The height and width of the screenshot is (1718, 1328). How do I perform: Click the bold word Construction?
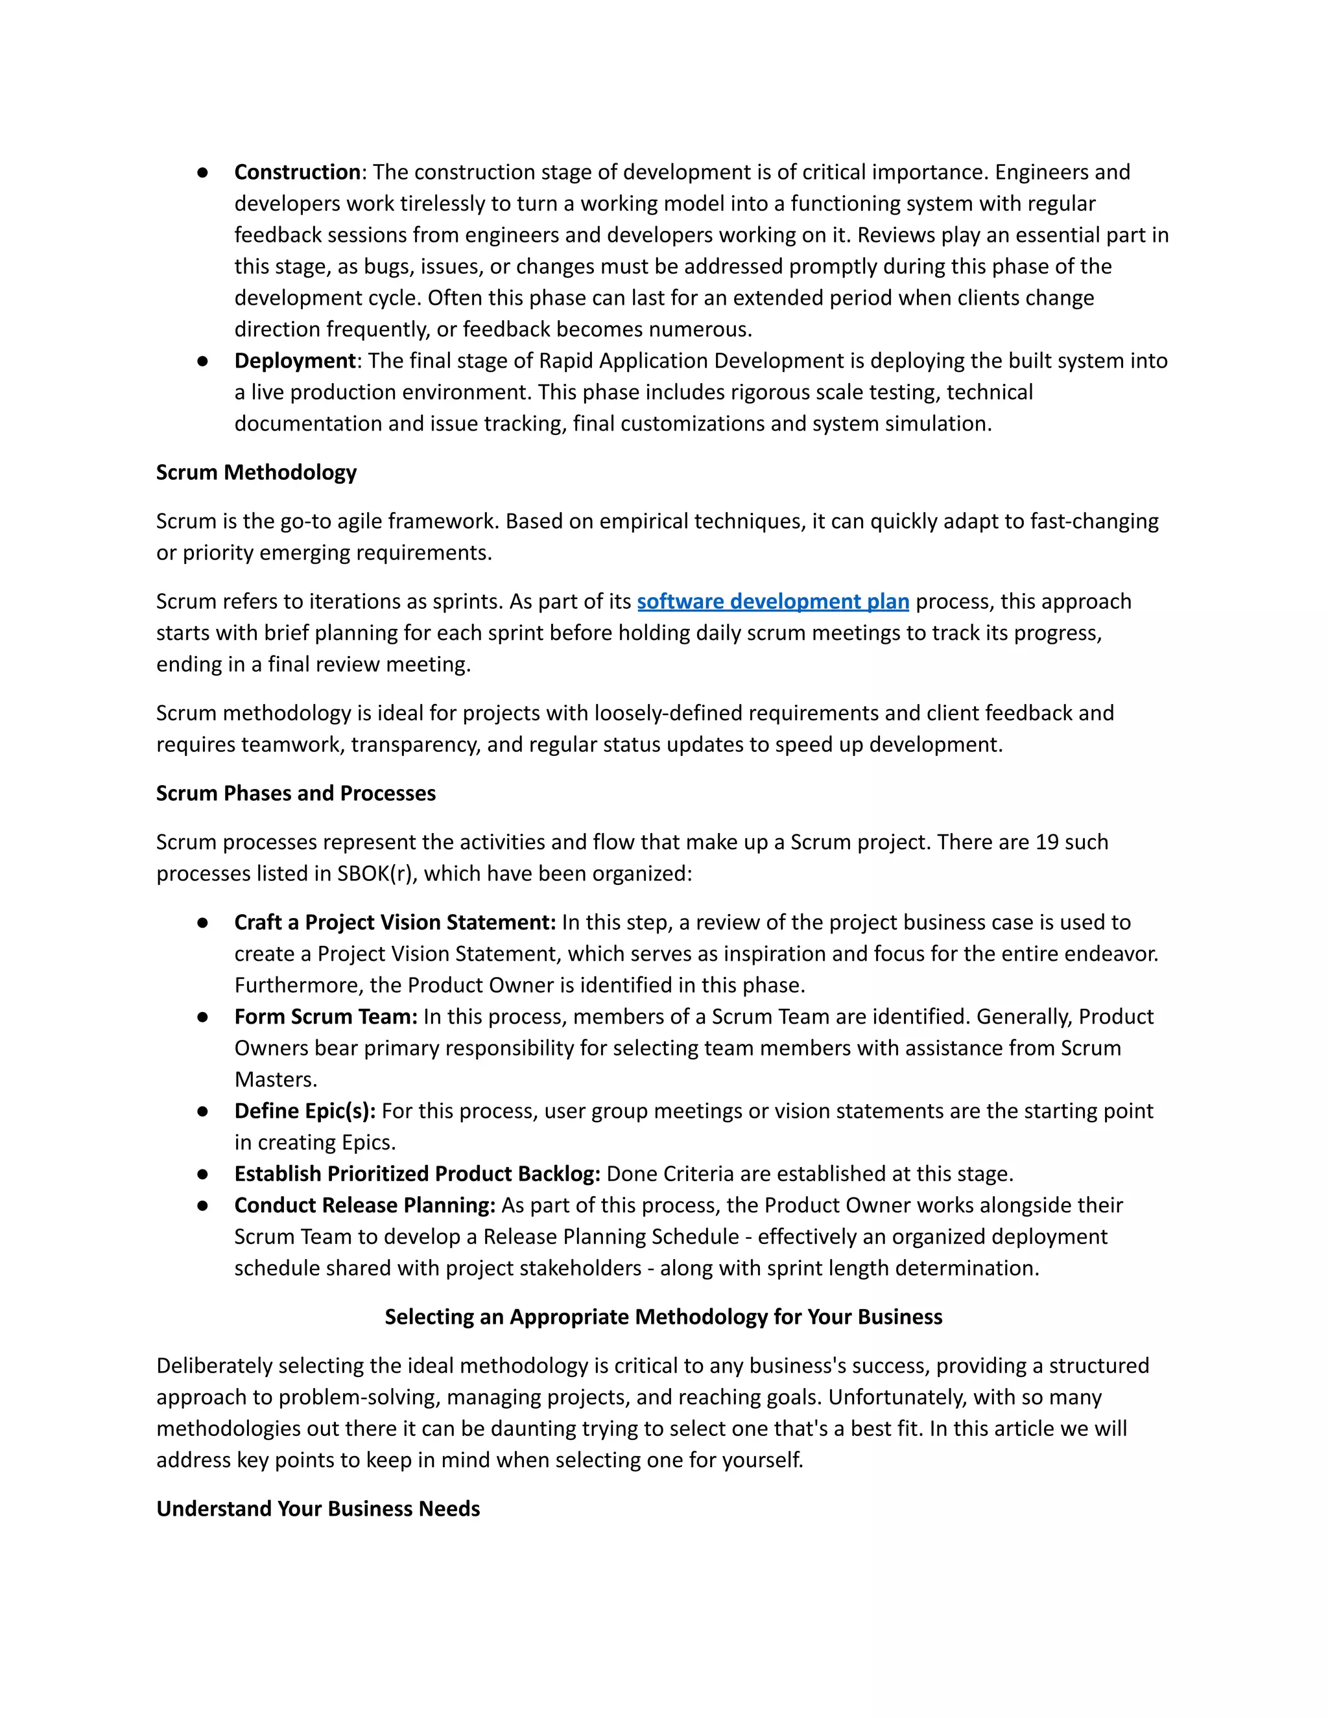point(298,172)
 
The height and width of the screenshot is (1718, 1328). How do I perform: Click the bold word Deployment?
point(295,361)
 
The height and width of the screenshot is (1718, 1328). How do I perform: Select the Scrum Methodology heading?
point(257,473)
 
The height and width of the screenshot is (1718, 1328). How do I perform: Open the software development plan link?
point(772,602)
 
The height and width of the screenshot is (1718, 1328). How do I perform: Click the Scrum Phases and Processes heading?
point(296,794)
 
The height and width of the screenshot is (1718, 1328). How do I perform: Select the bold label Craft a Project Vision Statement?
point(395,923)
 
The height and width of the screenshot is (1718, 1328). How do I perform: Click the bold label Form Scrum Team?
point(326,1017)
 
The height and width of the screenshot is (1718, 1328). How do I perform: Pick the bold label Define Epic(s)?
point(305,1111)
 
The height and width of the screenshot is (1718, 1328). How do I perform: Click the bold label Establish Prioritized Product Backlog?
point(417,1175)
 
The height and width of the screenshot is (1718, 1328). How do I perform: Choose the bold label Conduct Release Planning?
point(364,1206)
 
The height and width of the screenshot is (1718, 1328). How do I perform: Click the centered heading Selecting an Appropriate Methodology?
point(663,1317)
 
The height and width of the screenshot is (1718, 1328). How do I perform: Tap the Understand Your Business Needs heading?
point(318,1509)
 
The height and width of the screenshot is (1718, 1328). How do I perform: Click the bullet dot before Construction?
point(203,172)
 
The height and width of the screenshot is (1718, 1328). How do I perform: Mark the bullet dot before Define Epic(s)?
point(203,1111)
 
